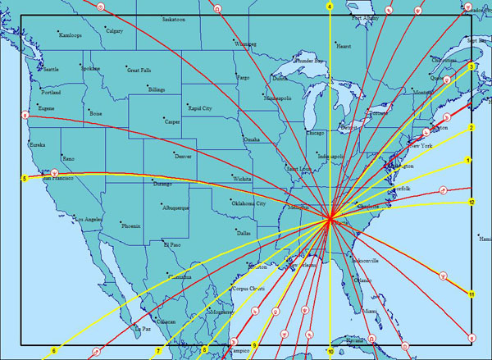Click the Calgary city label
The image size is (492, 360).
coord(114,31)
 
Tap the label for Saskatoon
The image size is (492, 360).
coord(174,18)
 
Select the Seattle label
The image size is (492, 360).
coord(52,69)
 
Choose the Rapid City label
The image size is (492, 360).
coord(200,107)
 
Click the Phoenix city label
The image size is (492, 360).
coord(131,225)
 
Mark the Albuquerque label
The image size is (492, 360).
coord(175,207)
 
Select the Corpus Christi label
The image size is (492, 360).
coord(251,289)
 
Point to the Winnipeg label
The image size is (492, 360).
coord(245,43)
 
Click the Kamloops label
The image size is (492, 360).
coord(71,35)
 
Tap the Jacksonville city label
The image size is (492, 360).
coord(364,261)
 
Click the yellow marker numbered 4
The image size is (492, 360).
coord(330,7)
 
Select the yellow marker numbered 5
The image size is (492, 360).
coord(25,178)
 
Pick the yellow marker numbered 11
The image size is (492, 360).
coord(471,294)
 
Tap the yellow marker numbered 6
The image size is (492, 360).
coord(54,351)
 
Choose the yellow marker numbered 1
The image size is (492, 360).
coord(468,161)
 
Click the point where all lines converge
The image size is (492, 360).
coord(330,218)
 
